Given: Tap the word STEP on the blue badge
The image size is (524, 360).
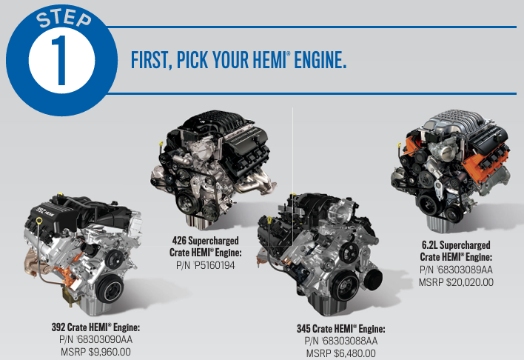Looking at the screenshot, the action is click(64, 19).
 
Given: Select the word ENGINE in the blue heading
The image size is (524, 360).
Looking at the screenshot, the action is click(320, 60).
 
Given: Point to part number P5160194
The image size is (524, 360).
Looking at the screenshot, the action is click(215, 265).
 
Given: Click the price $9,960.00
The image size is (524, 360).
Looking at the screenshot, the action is click(110, 352).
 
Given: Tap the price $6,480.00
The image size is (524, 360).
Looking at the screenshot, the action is click(355, 353).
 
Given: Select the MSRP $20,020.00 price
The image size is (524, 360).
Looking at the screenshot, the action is click(456, 282).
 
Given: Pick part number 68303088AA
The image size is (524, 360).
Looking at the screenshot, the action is click(350, 341).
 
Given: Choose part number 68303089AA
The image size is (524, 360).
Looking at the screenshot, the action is click(466, 270).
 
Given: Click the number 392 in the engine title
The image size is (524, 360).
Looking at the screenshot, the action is click(58, 327).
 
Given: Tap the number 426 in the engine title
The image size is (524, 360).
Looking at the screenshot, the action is click(179, 241).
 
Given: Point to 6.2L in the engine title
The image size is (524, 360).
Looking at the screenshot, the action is click(429, 245).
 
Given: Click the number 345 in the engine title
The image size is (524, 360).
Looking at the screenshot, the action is click(303, 329).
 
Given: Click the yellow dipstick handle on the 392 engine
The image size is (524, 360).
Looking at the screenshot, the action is click(39, 220).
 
